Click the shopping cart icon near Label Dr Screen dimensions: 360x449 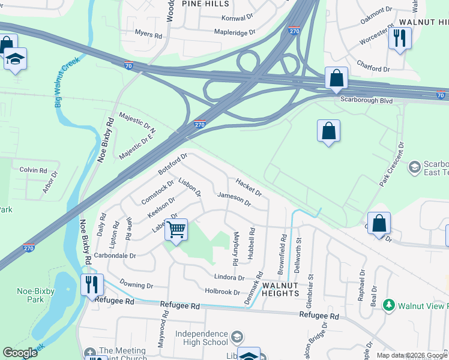(176, 229)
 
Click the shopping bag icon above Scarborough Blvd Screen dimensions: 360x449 (336, 77)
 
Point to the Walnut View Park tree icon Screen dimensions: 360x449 (388, 305)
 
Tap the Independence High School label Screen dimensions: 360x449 (202, 338)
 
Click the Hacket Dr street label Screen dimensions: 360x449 (249, 187)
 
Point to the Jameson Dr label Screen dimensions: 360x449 (234, 199)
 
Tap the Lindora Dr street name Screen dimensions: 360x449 (229, 278)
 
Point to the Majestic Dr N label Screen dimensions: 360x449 (137, 122)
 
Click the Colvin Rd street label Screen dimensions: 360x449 (33, 170)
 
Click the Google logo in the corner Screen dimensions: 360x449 (20, 353)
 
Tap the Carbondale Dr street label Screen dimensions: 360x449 (119, 255)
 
